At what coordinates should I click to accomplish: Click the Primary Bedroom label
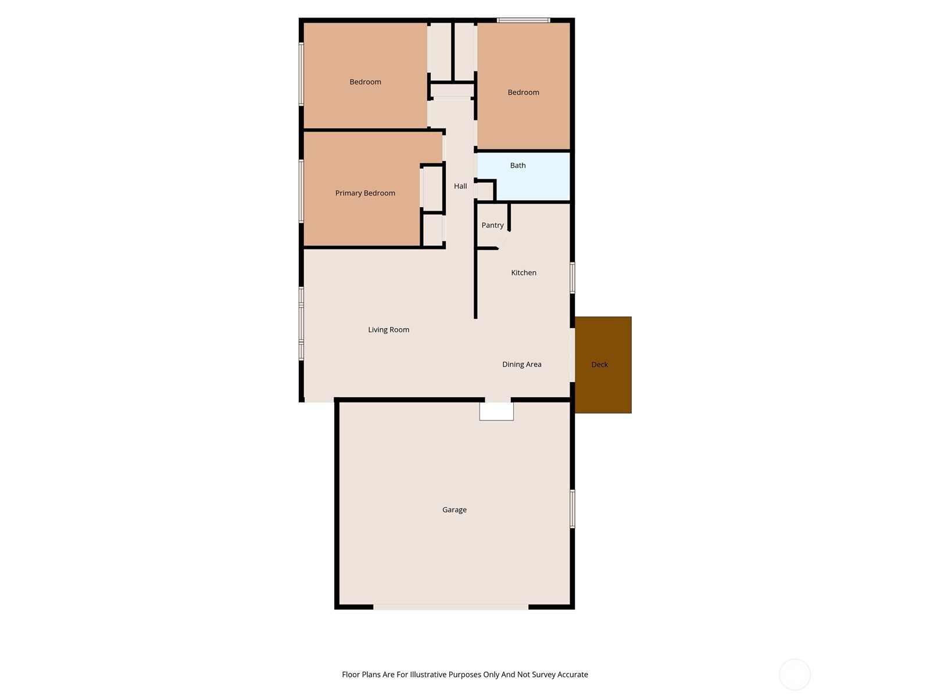(365, 193)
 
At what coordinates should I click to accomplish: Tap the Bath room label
(518, 166)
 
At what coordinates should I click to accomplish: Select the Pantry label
(492, 225)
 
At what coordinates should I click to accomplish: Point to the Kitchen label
(524, 273)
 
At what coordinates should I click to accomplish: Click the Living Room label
(388, 330)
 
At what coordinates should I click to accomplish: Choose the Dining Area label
(521, 365)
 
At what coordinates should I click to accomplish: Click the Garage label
(454, 510)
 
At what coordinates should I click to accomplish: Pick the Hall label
(460, 186)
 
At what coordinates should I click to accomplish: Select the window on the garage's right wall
(573, 509)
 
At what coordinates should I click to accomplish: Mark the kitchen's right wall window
(573, 277)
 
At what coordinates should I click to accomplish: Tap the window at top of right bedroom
(523, 20)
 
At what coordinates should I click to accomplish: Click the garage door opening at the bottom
(450, 607)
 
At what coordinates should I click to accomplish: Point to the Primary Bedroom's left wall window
(301, 191)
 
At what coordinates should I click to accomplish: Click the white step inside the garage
(496, 411)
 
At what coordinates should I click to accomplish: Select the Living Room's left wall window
(301, 323)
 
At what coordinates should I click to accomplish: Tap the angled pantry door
(504, 240)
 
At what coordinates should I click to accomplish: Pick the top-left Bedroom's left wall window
(301, 74)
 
